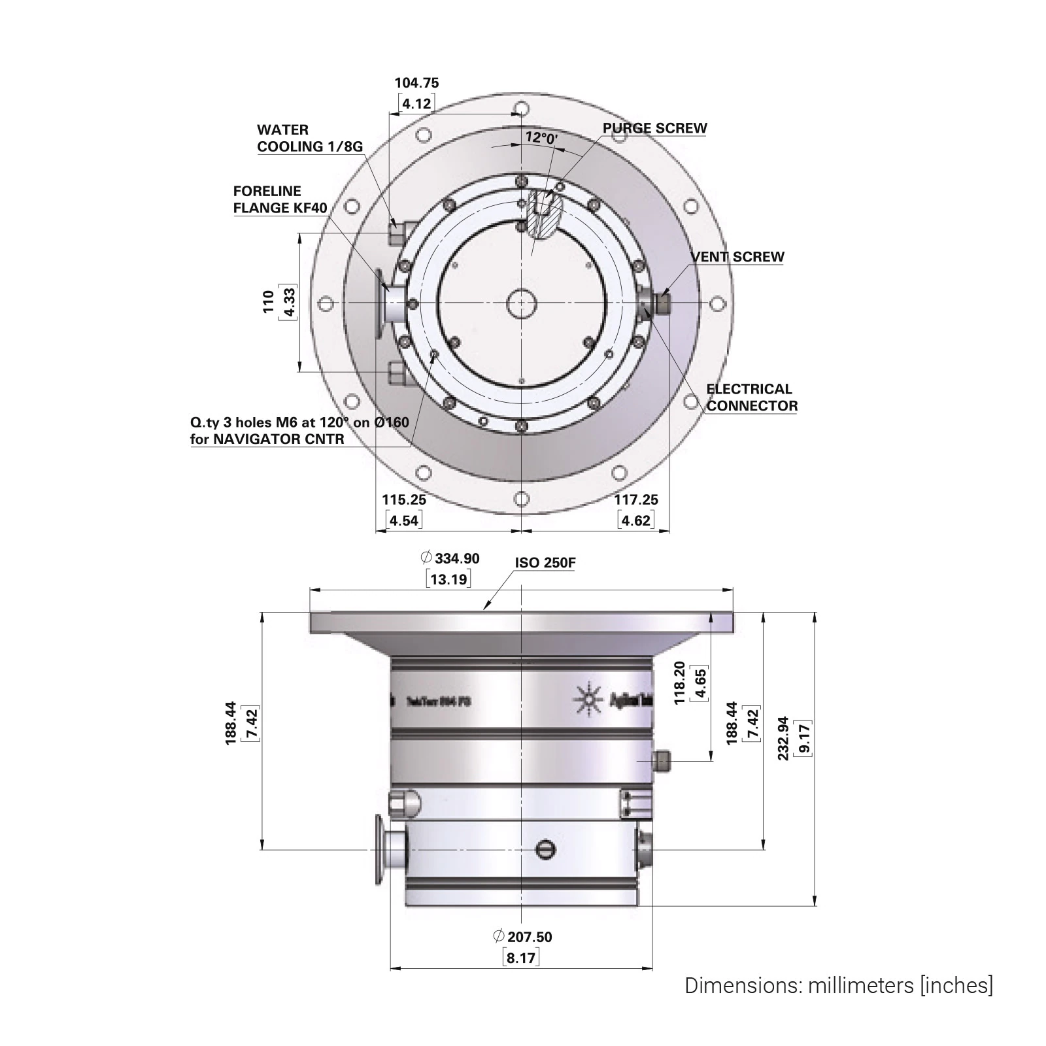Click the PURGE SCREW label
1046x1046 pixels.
pos(654,128)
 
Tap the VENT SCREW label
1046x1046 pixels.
pos(737,257)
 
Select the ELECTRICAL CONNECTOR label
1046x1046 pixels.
pos(751,397)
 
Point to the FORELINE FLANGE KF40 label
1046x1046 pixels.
pos(280,199)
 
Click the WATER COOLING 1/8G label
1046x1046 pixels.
pos(309,138)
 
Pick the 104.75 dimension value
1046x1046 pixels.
pos(416,83)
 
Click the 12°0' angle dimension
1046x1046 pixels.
pos(541,138)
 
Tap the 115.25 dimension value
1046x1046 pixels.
pos(404,500)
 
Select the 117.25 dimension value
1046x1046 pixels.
pos(636,500)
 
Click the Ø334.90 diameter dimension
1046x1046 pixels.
pos(452,558)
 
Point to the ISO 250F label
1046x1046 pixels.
pos(545,563)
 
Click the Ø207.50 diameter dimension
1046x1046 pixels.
pos(523,937)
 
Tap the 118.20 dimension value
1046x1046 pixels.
pos(679,683)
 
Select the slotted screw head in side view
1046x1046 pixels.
pos(545,849)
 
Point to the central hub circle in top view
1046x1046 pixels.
pos(521,303)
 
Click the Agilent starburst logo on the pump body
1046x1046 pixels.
pos(588,698)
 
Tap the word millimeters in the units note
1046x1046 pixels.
pos(860,985)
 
